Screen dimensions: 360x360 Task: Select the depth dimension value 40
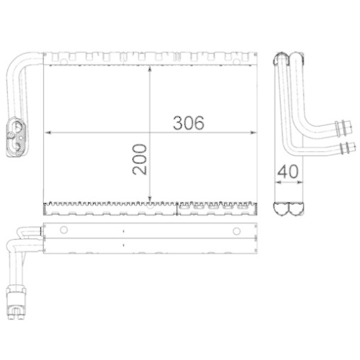point(289,171)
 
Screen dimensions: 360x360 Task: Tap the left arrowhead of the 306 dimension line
point(49,132)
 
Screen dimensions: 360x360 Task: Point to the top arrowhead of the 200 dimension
point(149,66)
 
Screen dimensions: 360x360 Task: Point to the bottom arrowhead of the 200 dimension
point(149,199)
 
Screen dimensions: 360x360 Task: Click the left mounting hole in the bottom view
point(63,230)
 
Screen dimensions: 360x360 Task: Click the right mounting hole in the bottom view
point(235,230)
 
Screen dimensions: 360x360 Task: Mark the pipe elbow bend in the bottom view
point(14,241)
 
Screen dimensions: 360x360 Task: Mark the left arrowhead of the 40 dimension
point(279,183)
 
